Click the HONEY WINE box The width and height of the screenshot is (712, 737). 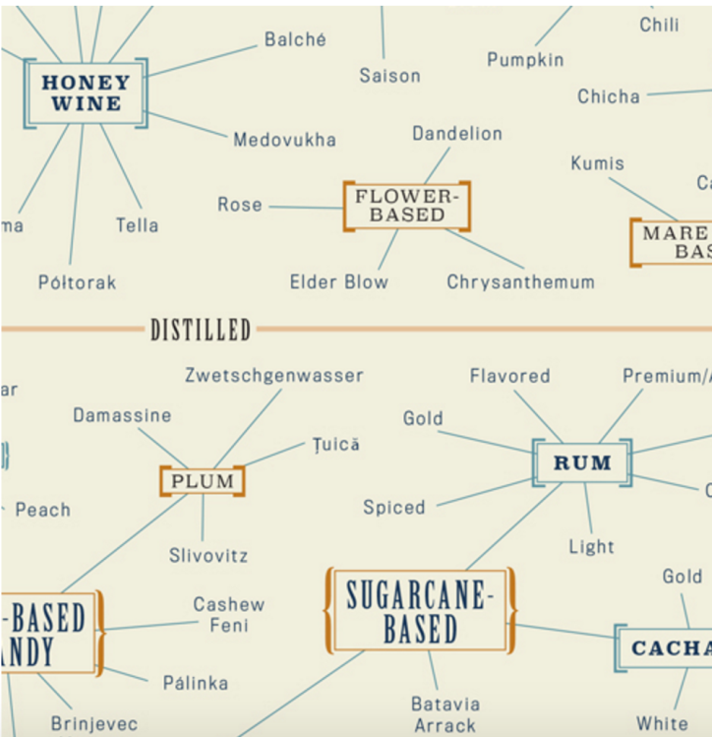click(86, 93)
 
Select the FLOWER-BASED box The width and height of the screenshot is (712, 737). click(407, 206)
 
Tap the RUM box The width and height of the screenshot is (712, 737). click(582, 462)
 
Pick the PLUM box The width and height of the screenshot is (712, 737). click(203, 481)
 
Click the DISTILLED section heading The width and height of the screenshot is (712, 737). click(201, 331)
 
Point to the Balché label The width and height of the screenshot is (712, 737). click(295, 40)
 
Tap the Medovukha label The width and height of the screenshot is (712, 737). click(284, 140)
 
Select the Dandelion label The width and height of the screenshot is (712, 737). click(456, 133)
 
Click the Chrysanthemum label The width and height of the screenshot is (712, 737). click(520, 282)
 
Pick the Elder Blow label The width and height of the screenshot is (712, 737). click(338, 282)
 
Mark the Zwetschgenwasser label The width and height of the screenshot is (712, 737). click(274, 376)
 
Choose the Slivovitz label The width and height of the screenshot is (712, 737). click(208, 555)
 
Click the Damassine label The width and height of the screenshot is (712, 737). click(122, 415)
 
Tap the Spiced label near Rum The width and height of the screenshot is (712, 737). click(394, 508)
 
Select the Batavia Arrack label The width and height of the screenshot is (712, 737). click(445, 714)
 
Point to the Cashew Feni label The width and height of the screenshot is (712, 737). click(228, 614)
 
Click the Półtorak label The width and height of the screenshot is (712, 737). click(77, 282)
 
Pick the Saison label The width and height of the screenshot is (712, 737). click(389, 76)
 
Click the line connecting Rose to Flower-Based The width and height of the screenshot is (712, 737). click(305, 207)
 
